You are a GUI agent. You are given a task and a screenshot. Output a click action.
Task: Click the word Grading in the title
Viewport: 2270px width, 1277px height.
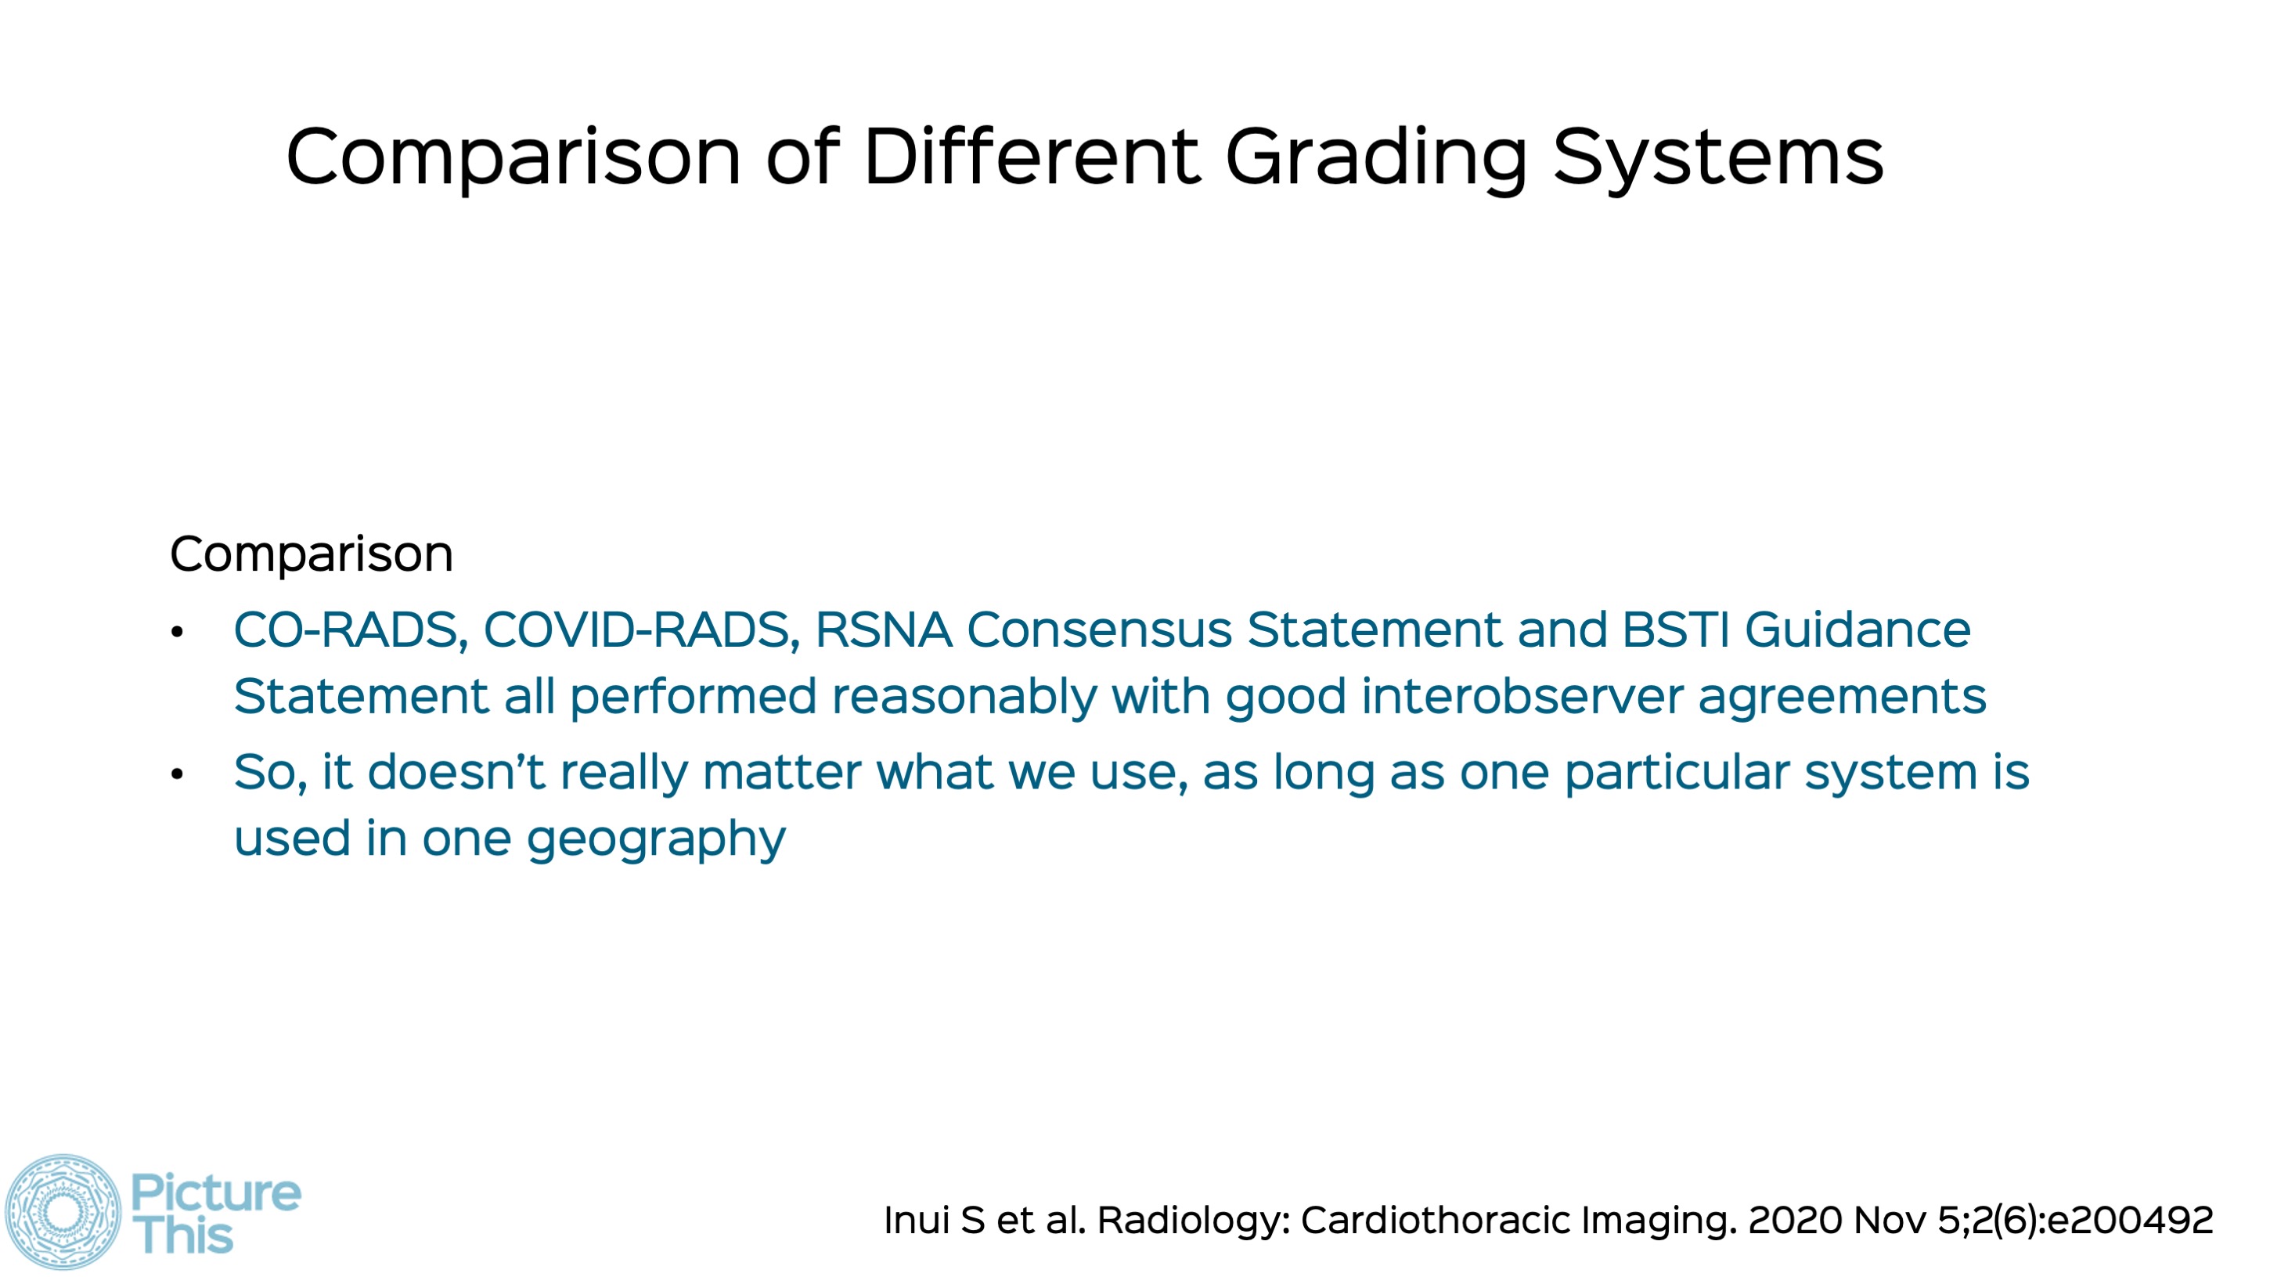[1375, 159]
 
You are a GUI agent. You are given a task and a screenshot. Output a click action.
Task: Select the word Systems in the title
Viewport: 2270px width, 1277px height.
[1717, 159]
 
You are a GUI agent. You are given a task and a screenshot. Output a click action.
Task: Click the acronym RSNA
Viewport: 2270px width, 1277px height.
[884, 630]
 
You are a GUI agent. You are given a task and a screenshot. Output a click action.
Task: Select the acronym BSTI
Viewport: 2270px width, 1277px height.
[1675, 630]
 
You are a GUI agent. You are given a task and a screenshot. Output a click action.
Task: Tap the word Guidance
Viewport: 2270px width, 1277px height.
[1857, 630]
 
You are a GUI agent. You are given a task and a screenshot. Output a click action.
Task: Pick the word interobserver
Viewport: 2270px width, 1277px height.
[1522, 696]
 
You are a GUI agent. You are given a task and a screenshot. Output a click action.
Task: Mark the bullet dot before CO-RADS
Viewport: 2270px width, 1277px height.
[177, 632]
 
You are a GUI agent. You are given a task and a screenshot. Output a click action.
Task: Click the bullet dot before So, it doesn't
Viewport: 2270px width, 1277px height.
[177, 774]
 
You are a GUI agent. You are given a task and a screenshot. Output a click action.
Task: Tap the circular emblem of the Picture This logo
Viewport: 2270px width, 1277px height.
[63, 1212]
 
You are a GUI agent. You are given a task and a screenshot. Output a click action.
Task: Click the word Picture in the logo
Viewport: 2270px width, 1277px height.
[216, 1193]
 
